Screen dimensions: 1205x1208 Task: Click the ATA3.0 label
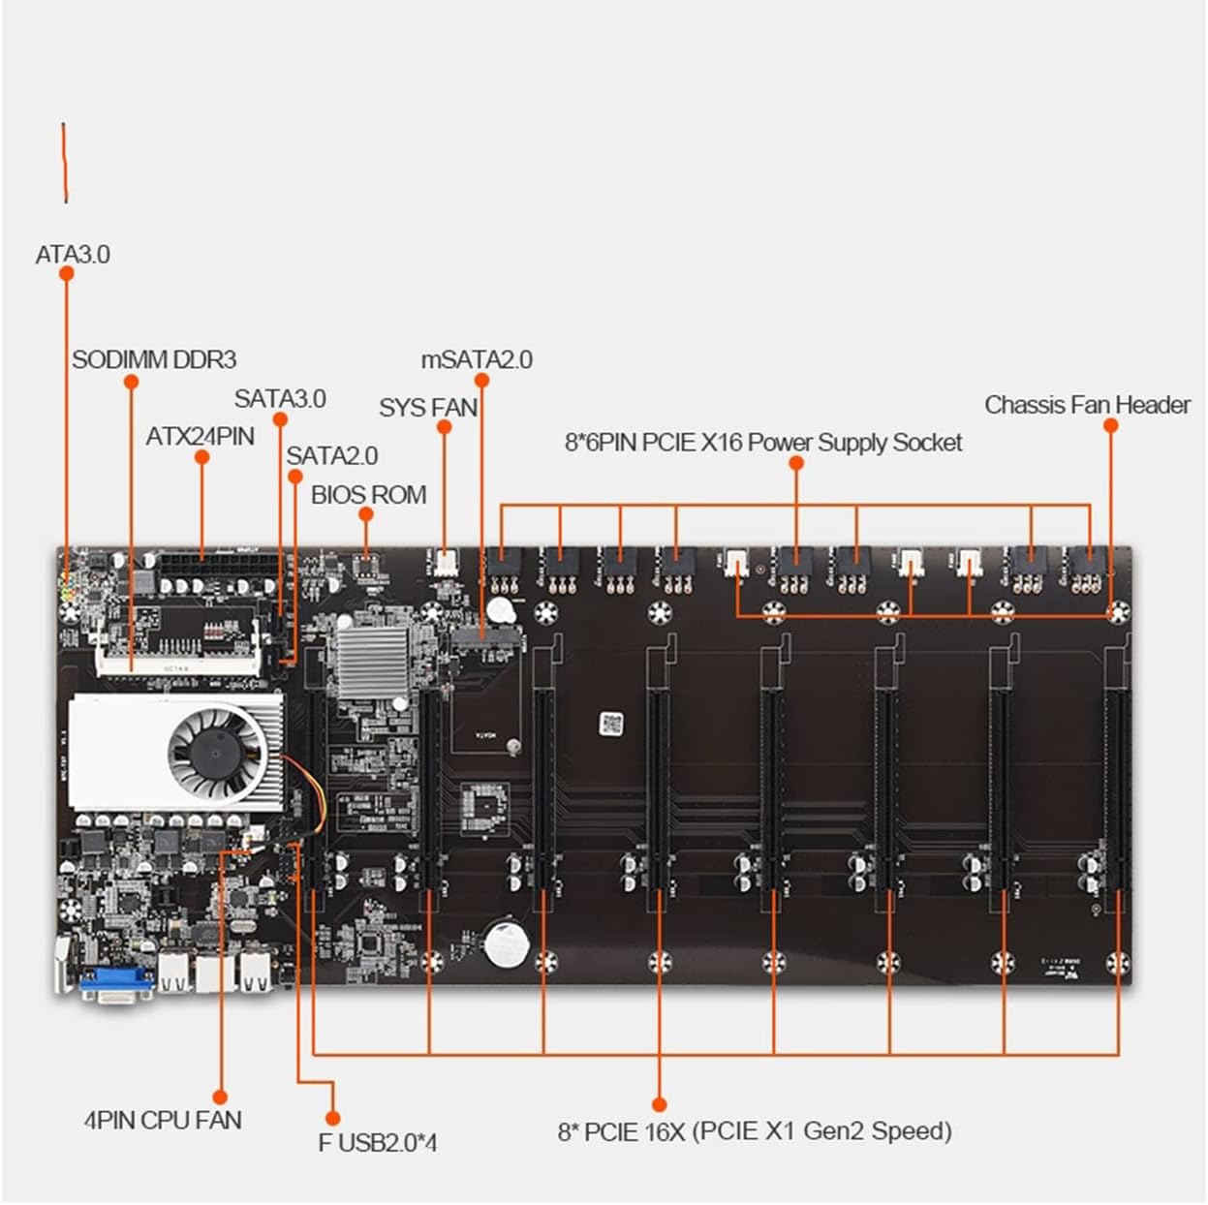pyautogui.click(x=73, y=255)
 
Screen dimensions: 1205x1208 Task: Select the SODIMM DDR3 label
pyautogui.click(x=153, y=360)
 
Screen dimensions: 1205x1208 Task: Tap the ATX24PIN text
pyautogui.click(x=200, y=437)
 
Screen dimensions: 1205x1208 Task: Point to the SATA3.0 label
pyautogui.click(x=280, y=398)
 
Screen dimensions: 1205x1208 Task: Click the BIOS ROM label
pyautogui.click(x=368, y=495)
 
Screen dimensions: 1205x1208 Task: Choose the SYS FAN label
pyautogui.click(x=428, y=408)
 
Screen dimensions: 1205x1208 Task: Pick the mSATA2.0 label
pyautogui.click(x=477, y=360)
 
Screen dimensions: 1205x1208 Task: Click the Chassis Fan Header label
pyautogui.click(x=1087, y=405)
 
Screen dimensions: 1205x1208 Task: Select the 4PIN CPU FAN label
pyautogui.click(x=163, y=1121)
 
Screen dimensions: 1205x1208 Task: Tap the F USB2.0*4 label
pyautogui.click(x=377, y=1143)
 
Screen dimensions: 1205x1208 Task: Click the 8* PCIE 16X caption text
pyautogui.click(x=755, y=1131)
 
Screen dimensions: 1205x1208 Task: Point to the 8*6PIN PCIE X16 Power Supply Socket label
pyautogui.click(x=763, y=443)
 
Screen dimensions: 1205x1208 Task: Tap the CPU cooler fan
pyautogui.click(x=216, y=753)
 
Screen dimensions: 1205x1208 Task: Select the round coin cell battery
pyautogui.click(x=507, y=942)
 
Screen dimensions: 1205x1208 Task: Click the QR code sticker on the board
pyautogui.click(x=610, y=723)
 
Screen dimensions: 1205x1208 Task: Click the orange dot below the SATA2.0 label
pyautogui.click(x=295, y=477)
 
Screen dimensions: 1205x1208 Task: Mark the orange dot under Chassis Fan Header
pyautogui.click(x=1111, y=426)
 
